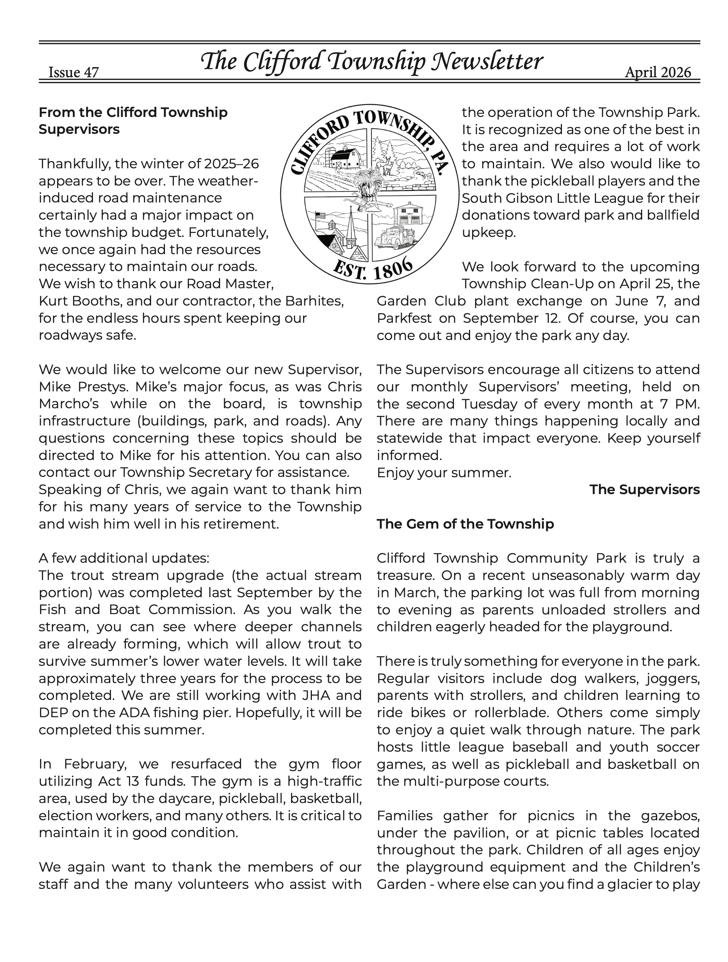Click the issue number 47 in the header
coord(91,72)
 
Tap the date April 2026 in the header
coord(658,72)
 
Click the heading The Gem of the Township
coord(465,524)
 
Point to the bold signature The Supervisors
coord(644,490)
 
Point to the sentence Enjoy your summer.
coord(444,473)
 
